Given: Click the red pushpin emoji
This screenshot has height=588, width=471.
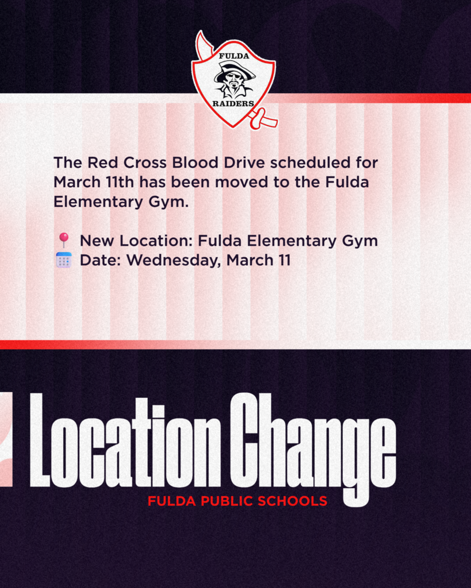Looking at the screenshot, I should (63, 240).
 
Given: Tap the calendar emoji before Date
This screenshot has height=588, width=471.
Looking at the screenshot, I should (63, 260).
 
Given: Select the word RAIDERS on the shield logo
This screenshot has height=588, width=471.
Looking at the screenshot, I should (233, 104).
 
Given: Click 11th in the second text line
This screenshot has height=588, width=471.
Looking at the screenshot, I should (120, 182).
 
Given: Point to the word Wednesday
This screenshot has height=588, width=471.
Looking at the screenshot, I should (174, 261).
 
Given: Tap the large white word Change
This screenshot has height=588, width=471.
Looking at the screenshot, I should (316, 442).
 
